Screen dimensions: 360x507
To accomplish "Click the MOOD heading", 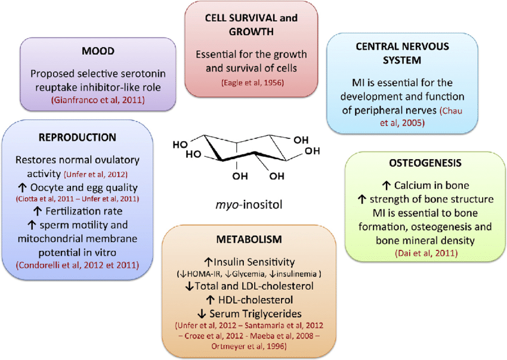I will coord(98,52).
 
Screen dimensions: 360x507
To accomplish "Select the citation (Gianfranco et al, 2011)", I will coord(98,100).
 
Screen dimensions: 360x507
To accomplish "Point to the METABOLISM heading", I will coord(253,239).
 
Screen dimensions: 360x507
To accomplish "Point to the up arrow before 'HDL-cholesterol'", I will coord(209,300).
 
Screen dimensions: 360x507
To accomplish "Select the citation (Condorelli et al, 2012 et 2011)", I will coord(77,265).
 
